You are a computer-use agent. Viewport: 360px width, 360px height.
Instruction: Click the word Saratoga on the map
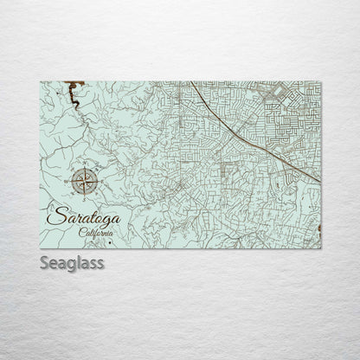(x=85, y=216)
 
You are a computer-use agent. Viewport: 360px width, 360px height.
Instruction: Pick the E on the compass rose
(x=101, y=182)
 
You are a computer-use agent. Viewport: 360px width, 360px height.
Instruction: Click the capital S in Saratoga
(x=55, y=215)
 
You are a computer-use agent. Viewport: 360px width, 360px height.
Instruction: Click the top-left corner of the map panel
(x=41, y=82)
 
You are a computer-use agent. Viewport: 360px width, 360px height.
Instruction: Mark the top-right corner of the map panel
(x=320, y=82)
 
